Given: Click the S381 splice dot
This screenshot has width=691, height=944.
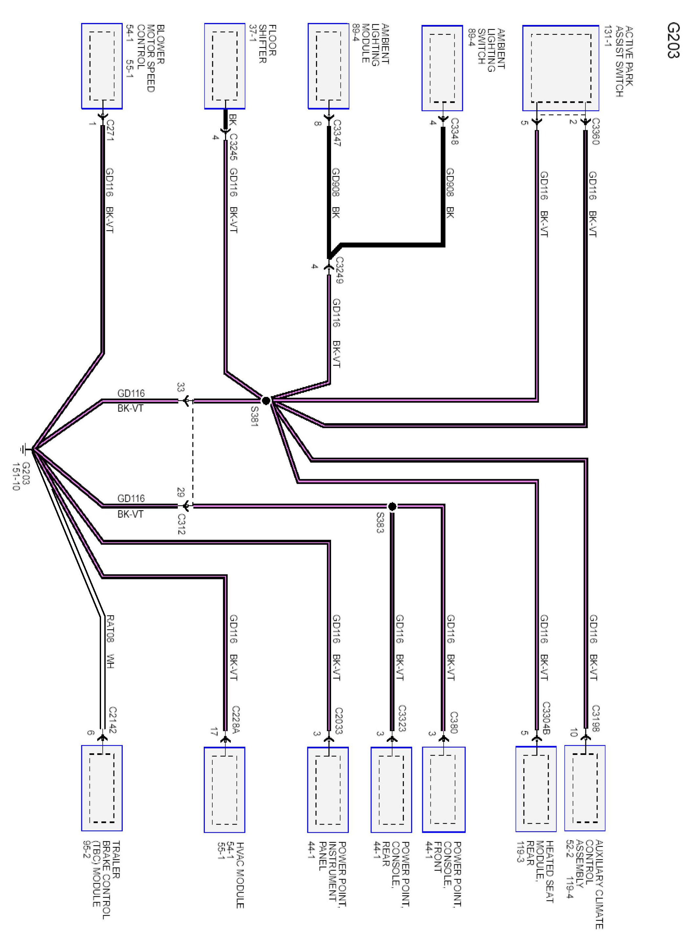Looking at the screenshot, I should click(266, 400).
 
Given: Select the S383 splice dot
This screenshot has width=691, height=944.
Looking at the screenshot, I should click(392, 507).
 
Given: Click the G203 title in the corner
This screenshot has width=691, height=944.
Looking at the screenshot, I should click(673, 40).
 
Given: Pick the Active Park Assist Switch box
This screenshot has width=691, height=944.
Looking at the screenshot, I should click(560, 68).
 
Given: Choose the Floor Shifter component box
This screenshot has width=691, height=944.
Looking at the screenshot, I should click(225, 66).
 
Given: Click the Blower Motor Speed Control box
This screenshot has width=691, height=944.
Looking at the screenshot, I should click(102, 66).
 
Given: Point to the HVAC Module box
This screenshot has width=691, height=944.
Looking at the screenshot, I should click(225, 790).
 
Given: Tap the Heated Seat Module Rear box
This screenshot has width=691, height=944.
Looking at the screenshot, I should click(536, 789).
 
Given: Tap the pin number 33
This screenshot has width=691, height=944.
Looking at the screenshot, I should click(181, 387).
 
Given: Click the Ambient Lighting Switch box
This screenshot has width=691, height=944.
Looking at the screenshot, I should click(442, 68).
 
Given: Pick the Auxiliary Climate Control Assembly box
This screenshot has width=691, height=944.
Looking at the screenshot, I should click(585, 788).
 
